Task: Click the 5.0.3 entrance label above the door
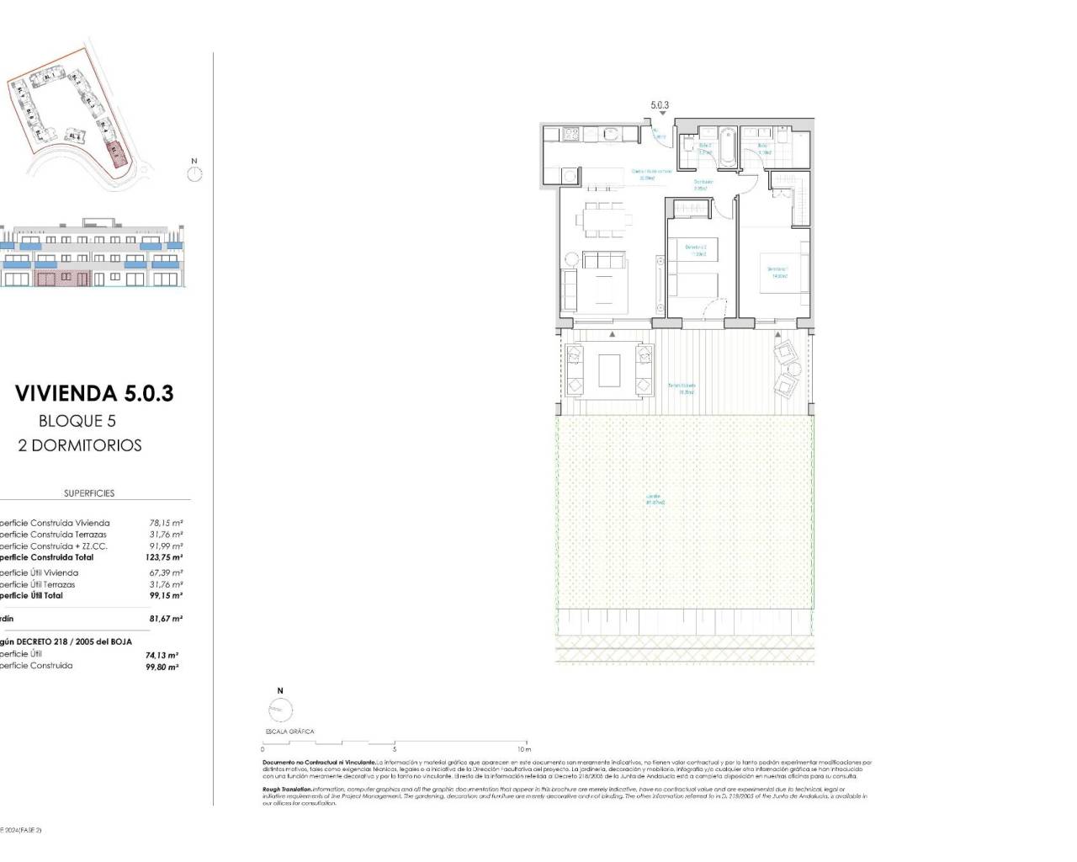pyautogui.click(x=660, y=106)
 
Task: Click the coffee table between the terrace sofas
pyautogui.click(x=610, y=370)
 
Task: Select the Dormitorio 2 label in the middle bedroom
pyautogui.click(x=695, y=250)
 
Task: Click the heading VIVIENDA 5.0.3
pyautogui.click(x=94, y=393)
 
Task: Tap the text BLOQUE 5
pyautogui.click(x=77, y=421)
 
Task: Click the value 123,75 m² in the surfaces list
pyautogui.click(x=164, y=557)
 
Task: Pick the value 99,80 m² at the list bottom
pyautogui.click(x=162, y=667)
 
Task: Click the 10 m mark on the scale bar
pyautogui.click(x=524, y=748)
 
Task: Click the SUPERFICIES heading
pyautogui.click(x=89, y=493)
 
